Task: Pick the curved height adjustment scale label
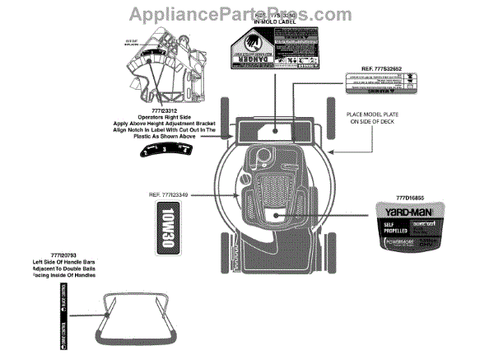168,149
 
